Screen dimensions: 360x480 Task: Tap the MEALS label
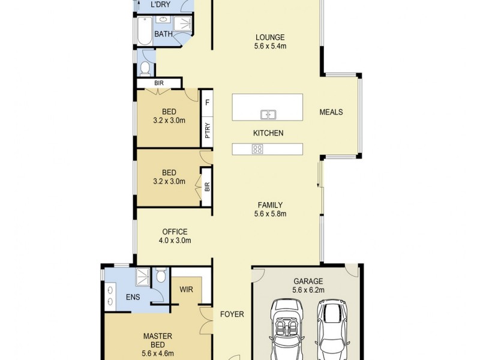tap(331, 112)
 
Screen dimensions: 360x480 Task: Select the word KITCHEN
tap(268, 133)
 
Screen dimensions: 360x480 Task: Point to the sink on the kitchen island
tap(268, 114)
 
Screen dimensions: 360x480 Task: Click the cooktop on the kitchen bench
tap(257, 149)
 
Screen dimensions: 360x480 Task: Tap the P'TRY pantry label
tap(207, 130)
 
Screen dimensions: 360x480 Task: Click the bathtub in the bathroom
tap(145, 31)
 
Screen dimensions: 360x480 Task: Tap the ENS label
tap(133, 297)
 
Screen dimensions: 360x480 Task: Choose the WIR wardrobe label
tap(187, 289)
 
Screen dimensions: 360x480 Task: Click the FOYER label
tap(232, 314)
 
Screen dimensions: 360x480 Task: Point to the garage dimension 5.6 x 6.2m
tap(308, 289)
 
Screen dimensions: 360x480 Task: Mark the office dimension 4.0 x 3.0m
tap(174, 241)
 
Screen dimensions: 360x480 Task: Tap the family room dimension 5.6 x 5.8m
tap(270, 214)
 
